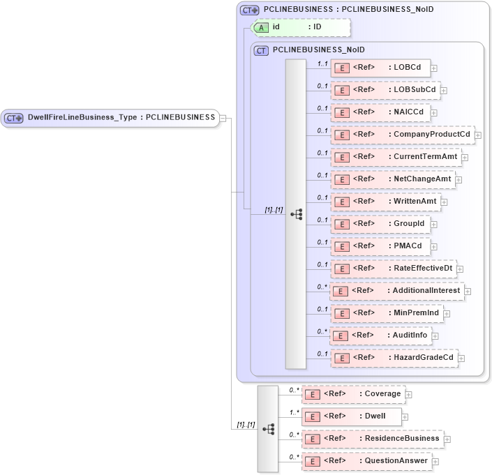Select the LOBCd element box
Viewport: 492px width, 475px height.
[380, 68]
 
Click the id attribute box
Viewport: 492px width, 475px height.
[301, 27]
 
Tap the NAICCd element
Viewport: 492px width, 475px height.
[380, 112]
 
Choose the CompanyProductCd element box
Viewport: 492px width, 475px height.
[402, 135]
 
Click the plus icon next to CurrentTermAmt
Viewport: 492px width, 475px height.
[465, 158]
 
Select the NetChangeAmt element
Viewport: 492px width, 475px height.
[392, 179]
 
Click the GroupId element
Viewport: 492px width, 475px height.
[381, 224]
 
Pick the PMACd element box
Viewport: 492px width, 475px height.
[380, 246]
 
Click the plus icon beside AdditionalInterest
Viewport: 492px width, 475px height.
[468, 291]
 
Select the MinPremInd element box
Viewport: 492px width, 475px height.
[387, 313]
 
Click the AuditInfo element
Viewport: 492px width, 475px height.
[380, 335]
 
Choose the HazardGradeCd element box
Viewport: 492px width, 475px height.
[394, 358]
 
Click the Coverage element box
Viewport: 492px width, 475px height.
[352, 394]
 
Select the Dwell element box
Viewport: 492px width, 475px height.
[352, 416]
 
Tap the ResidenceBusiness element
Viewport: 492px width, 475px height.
[372, 439]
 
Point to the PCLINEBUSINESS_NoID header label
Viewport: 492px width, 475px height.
[318, 50]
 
